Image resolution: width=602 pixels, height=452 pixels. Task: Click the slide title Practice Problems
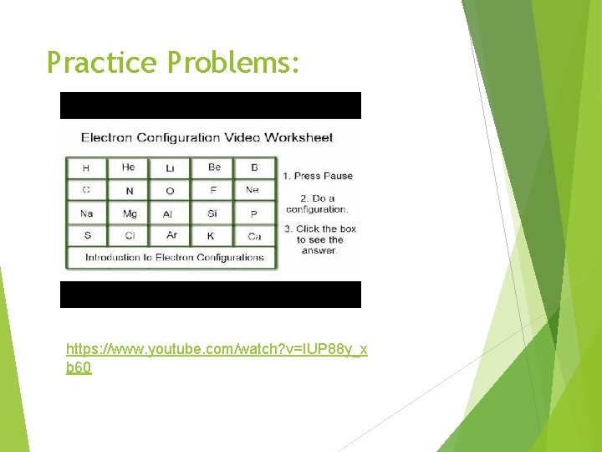[173, 62]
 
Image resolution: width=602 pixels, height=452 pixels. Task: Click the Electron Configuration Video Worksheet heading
[207, 137]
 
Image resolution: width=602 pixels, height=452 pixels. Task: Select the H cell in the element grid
[86, 167]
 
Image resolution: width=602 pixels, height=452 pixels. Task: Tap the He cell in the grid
[128, 167]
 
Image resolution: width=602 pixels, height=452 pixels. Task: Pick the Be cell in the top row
[214, 167]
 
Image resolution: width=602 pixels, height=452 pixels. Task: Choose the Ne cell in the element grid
[253, 190]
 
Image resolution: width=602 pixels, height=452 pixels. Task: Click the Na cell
[86, 213]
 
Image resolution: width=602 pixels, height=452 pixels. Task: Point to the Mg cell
[130, 213]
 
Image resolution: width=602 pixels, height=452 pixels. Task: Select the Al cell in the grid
[168, 213]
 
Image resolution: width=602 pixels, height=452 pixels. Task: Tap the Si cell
[212, 213]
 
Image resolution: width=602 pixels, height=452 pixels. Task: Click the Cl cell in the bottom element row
[130, 236]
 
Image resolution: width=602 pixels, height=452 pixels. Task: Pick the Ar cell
[171, 236]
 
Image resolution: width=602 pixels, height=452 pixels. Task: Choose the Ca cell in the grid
[254, 236]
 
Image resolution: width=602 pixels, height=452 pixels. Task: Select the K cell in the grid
[211, 236]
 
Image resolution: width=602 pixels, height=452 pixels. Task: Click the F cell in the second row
[213, 190]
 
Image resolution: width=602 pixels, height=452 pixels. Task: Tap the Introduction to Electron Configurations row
[174, 258]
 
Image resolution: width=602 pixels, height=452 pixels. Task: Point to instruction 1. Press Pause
[318, 176]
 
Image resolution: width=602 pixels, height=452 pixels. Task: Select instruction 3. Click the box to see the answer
[319, 239]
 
